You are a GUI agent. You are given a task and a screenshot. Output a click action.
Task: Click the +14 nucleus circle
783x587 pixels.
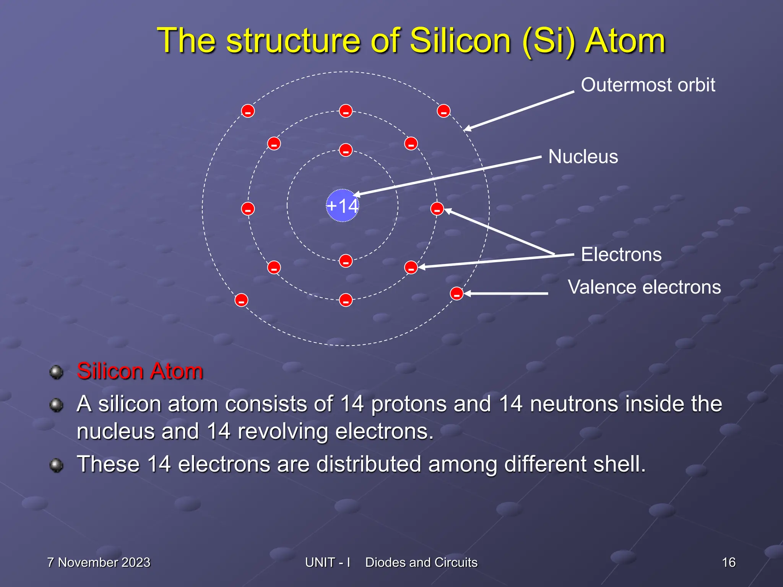click(x=342, y=206)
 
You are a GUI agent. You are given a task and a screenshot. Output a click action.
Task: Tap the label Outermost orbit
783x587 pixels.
click(x=648, y=85)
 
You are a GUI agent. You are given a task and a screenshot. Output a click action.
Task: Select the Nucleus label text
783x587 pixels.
click(x=583, y=157)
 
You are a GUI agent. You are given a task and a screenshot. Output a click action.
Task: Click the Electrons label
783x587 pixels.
click(x=621, y=255)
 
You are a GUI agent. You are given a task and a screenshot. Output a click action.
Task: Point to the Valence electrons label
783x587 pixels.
click(x=644, y=287)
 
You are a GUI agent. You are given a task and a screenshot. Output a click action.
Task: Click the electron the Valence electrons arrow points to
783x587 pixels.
click(x=456, y=293)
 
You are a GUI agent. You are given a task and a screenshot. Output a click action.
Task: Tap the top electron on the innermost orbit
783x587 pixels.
click(x=346, y=150)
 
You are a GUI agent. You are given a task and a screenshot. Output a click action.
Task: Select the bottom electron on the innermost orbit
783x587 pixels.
click(x=346, y=261)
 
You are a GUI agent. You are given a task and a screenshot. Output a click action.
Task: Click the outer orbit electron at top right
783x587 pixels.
click(x=443, y=111)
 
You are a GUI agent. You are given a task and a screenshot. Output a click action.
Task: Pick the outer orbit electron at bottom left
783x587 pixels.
click(x=241, y=300)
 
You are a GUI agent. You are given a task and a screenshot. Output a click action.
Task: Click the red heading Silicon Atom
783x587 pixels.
click(x=140, y=371)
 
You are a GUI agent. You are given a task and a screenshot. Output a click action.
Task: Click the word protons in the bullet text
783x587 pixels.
click(x=409, y=404)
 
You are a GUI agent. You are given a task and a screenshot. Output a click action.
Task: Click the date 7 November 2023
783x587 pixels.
click(x=99, y=563)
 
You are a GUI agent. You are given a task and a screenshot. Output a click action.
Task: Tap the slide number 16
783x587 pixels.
click(x=728, y=563)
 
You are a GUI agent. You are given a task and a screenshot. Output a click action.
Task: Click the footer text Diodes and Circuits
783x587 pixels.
click(x=421, y=563)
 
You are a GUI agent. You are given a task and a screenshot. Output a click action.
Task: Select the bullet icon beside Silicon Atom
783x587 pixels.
click(x=57, y=372)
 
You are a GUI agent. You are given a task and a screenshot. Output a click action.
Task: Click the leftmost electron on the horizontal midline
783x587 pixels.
click(x=248, y=209)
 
